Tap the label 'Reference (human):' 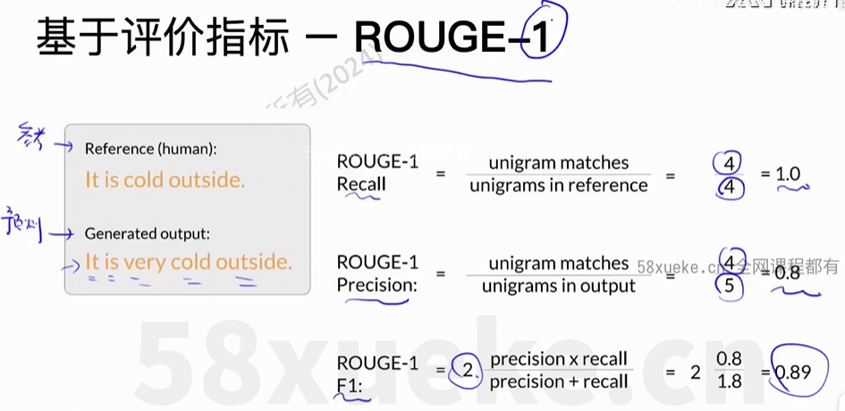point(150,148)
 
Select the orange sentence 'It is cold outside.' point(165,180)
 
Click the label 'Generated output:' point(148,233)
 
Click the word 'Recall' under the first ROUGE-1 point(361,184)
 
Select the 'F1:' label point(351,385)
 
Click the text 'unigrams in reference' point(558,185)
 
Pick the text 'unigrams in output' point(558,286)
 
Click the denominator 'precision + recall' point(558,382)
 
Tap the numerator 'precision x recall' point(559,358)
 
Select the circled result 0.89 point(793,370)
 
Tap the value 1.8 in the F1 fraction point(729,382)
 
